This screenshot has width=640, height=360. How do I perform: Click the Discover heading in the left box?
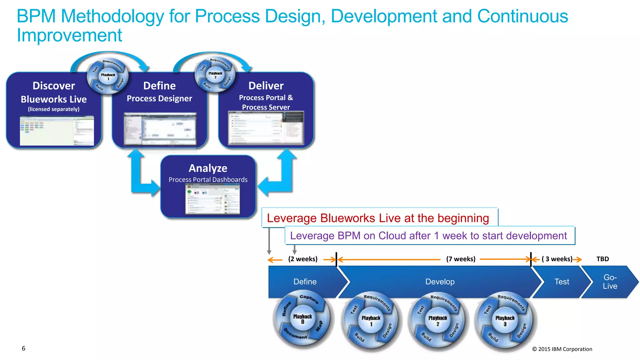point(54,86)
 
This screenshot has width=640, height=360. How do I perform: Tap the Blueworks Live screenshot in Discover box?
point(57,131)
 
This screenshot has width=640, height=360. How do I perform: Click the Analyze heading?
point(208,168)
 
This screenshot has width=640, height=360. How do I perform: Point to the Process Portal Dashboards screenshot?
point(212,199)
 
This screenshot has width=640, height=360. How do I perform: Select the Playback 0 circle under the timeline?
point(302,319)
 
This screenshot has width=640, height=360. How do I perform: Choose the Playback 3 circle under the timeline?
point(505,321)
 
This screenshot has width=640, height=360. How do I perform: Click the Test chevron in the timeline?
point(562,282)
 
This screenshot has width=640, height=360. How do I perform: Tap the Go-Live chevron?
point(610,282)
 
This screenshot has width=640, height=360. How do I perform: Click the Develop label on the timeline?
point(440,282)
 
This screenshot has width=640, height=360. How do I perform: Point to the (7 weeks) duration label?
point(461,259)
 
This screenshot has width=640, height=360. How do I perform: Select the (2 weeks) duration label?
point(302,259)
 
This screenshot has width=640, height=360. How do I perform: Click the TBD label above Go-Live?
point(602,259)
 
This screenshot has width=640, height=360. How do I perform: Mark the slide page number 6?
point(23,348)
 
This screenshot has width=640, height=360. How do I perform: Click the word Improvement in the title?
point(69,35)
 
